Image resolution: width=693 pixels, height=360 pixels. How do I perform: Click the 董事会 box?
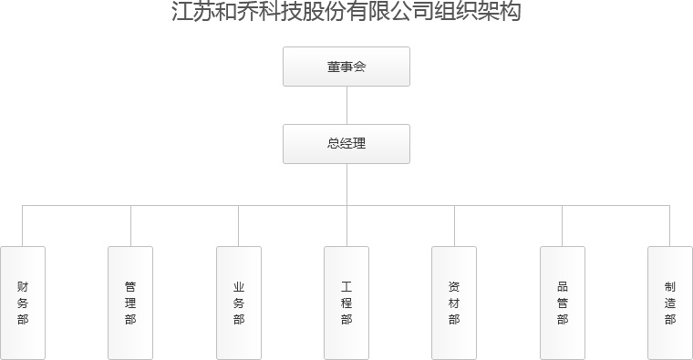pyautogui.click(x=346, y=67)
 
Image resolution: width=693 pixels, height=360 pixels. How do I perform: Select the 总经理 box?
pyautogui.click(x=346, y=144)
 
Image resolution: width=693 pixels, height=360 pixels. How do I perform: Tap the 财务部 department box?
pyautogui.click(x=23, y=302)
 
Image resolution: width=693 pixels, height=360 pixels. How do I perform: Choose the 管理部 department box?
pyautogui.click(x=130, y=302)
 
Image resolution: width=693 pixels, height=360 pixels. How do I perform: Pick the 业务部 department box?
pyautogui.click(x=239, y=302)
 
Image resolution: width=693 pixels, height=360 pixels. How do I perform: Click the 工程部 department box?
pyautogui.click(x=346, y=302)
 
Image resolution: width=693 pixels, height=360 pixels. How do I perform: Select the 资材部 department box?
pyautogui.click(x=454, y=302)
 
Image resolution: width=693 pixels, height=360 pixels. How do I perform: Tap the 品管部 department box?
pyautogui.click(x=562, y=302)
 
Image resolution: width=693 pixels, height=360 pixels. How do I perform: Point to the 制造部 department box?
pyautogui.click(x=670, y=302)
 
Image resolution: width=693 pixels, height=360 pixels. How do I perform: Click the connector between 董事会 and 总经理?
pyautogui.click(x=346, y=105)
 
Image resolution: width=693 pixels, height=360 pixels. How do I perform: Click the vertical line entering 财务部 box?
pyautogui.click(x=23, y=226)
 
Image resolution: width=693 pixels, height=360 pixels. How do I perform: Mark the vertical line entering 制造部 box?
pyautogui.click(x=670, y=226)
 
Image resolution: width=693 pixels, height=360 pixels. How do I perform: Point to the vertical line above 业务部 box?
pyautogui.click(x=239, y=226)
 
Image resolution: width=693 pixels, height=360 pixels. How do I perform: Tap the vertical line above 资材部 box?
pyautogui.click(x=454, y=226)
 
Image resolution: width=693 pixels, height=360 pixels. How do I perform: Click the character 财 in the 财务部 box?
pyautogui.click(x=23, y=285)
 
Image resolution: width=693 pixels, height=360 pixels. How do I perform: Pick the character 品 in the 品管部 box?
pyautogui.click(x=562, y=285)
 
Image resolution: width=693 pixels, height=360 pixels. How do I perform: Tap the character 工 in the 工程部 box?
pyautogui.click(x=346, y=285)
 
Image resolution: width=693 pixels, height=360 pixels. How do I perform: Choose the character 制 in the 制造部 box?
pyautogui.click(x=670, y=285)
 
